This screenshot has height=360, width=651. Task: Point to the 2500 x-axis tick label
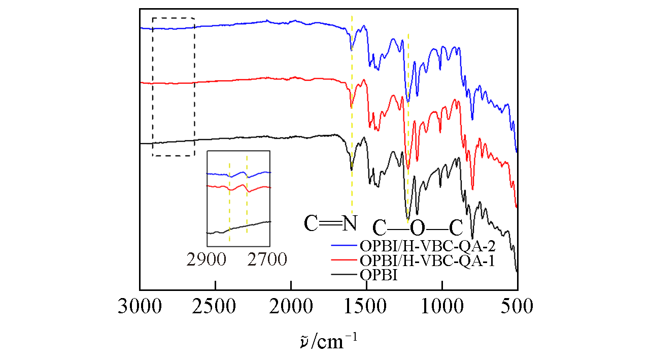click(215, 308)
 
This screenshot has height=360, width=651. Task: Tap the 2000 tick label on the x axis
click(291, 308)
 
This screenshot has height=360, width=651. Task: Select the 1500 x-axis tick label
click(366, 308)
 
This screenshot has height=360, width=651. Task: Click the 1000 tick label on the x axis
click(442, 308)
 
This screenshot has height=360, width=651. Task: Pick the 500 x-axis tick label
click(518, 308)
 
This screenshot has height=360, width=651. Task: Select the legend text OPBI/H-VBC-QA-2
click(427, 246)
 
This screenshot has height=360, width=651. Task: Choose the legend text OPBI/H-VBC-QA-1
click(427, 261)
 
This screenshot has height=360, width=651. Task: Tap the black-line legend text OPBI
click(379, 275)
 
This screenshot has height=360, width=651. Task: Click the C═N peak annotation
click(330, 222)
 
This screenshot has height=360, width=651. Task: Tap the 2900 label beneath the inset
click(206, 260)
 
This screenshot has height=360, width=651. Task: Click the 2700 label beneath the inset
click(267, 260)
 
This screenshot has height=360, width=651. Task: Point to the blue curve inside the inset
click(218, 174)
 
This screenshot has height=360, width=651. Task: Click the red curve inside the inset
click(218, 187)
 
